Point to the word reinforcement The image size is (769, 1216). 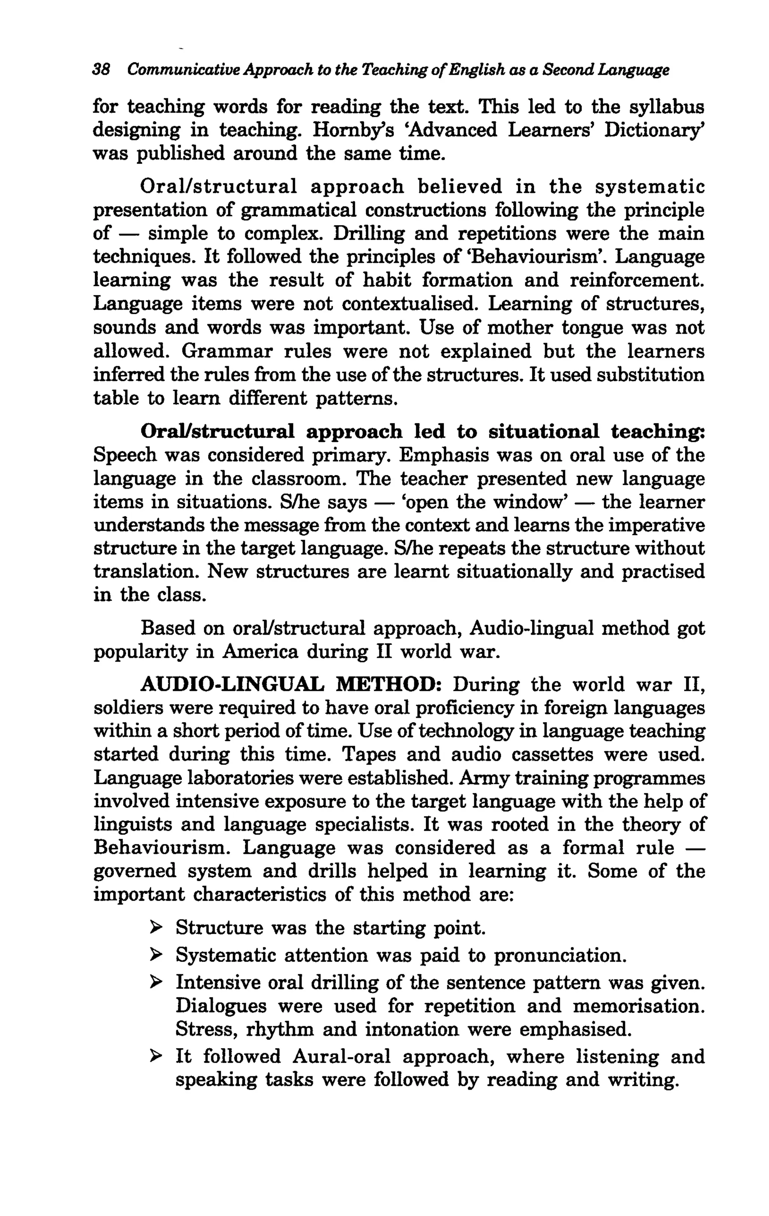[636, 280]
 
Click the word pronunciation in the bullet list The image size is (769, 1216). [559, 956]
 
